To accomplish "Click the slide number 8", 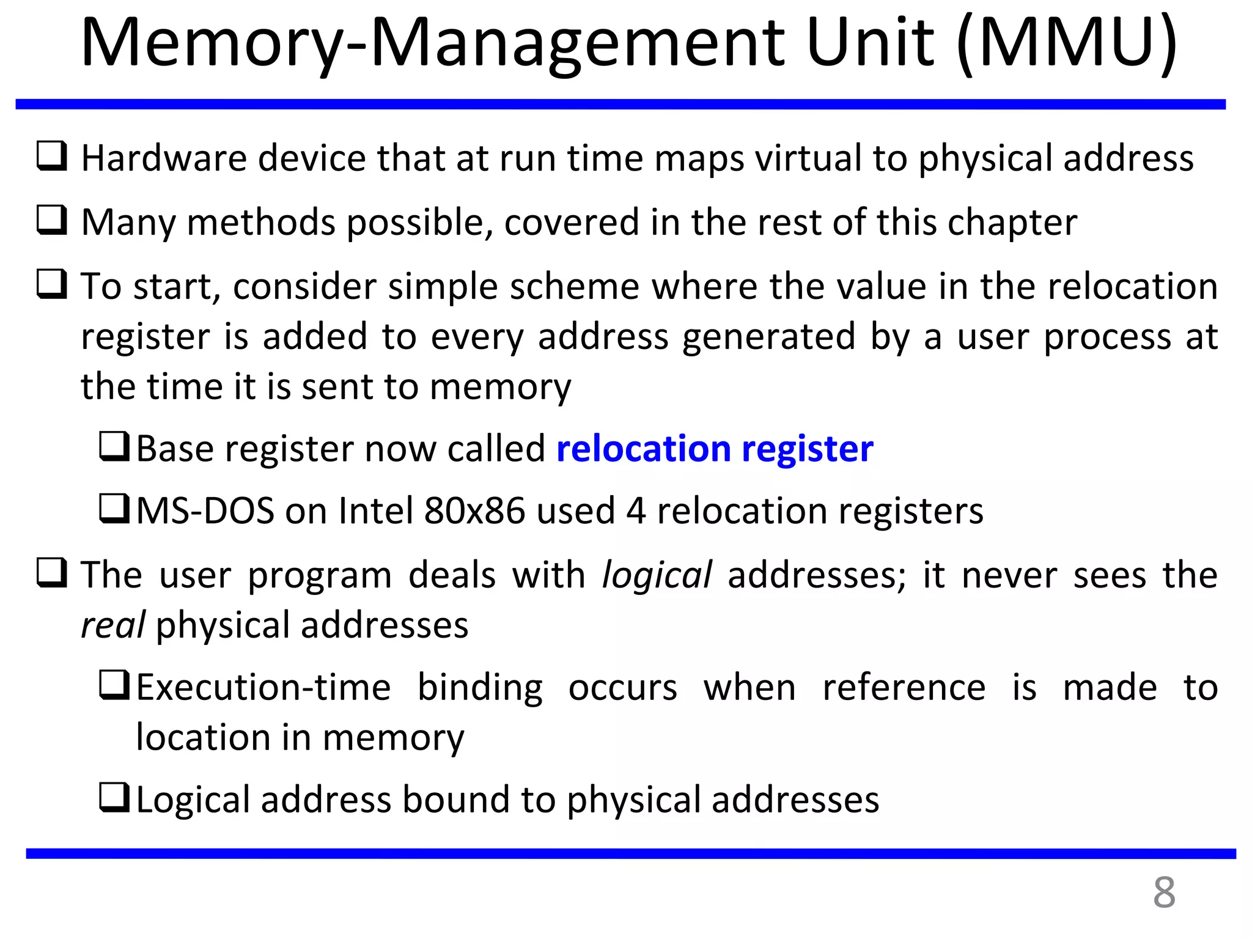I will coord(1164,893).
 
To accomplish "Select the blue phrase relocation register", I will coord(715,449).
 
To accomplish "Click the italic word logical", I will coord(657,576).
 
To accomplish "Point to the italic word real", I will coord(112,626).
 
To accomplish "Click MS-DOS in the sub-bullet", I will coord(205,511).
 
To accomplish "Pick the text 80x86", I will coord(474,511).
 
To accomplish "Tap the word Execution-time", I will coord(263,688).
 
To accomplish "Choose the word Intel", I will coord(376,511).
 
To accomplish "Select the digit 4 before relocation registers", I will coord(636,511).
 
